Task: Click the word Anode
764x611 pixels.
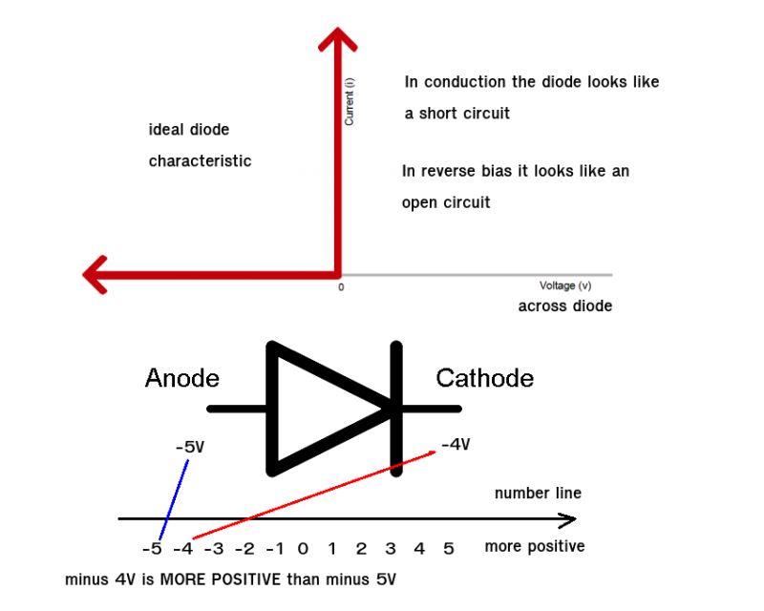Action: [x=181, y=379]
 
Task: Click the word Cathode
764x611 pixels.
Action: [x=484, y=379]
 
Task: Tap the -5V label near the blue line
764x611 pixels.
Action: [x=191, y=447]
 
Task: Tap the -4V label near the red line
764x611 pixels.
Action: [x=456, y=444]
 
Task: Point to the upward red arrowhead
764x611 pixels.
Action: [x=337, y=40]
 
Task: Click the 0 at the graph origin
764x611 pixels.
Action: [x=341, y=287]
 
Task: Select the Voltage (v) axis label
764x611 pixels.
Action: [x=565, y=285]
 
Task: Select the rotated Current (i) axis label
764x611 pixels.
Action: [x=350, y=102]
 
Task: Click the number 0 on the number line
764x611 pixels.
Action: [x=303, y=549]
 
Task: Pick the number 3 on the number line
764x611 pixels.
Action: [x=390, y=549]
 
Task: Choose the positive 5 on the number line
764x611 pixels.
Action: [x=448, y=549]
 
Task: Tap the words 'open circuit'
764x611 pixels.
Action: [x=446, y=202]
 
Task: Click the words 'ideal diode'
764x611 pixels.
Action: [x=189, y=130]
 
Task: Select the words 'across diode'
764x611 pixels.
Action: [x=564, y=306]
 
